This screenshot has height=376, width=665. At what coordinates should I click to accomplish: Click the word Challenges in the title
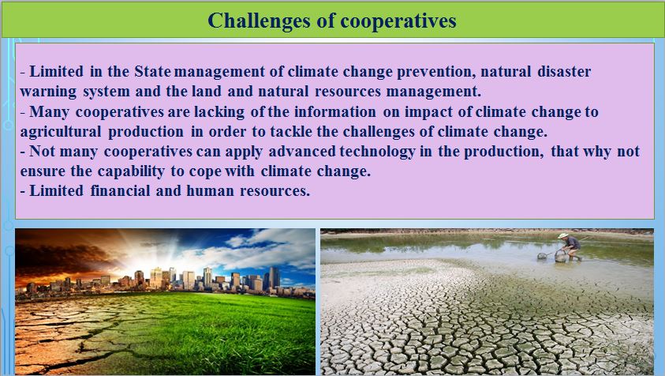tap(259, 21)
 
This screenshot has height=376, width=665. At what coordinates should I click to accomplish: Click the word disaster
tap(564, 71)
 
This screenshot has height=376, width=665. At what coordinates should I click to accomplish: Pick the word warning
tap(48, 92)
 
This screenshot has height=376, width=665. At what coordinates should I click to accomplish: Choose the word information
tap(335, 111)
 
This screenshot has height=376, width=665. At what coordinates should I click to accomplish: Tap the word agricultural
tap(61, 132)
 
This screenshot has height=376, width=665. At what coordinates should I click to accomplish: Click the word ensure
tap(43, 171)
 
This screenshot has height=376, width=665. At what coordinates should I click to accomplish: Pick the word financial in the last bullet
tap(120, 190)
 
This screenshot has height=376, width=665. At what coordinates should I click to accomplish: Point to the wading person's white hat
tap(563, 235)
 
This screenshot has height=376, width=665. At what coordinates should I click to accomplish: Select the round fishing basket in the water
tap(561, 256)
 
